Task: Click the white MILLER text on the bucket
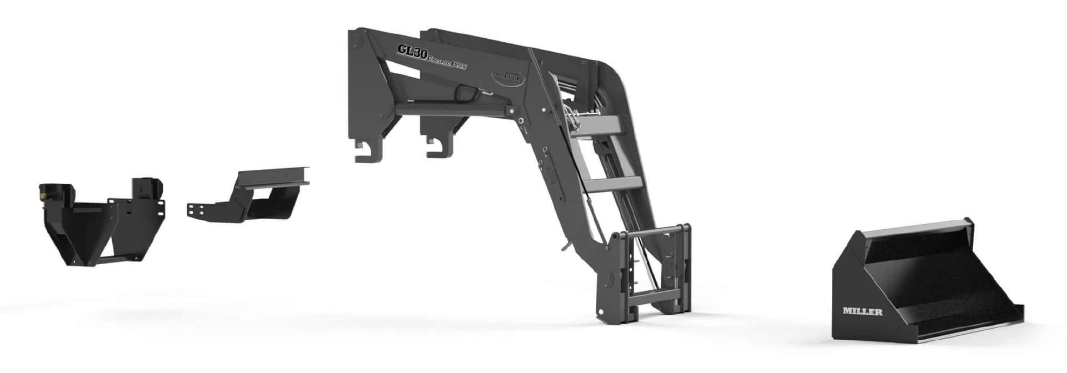point(862,311)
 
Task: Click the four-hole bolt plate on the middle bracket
point(196,211)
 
